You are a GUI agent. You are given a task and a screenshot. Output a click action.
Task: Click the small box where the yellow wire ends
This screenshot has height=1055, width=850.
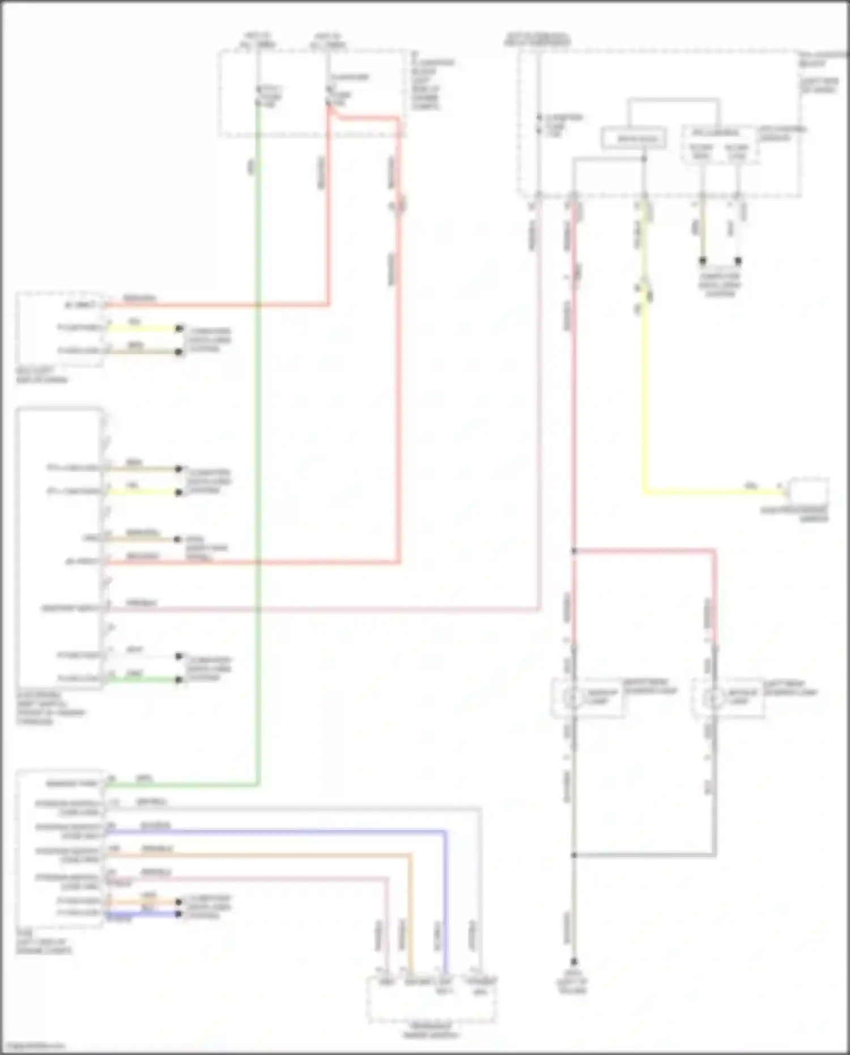pos(809,491)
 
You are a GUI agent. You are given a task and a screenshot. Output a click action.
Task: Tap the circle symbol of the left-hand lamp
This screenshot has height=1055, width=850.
pos(573,697)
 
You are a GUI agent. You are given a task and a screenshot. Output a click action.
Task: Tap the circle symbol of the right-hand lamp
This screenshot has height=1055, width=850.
pos(713,699)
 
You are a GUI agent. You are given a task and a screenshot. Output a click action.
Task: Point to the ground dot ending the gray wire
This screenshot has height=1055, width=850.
pos(573,962)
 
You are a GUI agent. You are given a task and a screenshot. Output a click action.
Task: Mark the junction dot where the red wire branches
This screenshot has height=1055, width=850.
pos(573,550)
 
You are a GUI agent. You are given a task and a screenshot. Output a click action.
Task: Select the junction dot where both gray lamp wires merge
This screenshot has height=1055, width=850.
pos(573,855)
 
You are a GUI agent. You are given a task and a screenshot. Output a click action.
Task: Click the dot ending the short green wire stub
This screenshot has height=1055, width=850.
pos(179,679)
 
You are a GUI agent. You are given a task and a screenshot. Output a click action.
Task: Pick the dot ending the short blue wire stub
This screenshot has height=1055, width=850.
pos(179,913)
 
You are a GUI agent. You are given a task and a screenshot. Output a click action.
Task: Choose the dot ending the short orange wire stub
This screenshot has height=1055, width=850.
pos(179,901)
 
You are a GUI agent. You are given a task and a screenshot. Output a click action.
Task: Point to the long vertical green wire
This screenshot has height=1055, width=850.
pos(258,454)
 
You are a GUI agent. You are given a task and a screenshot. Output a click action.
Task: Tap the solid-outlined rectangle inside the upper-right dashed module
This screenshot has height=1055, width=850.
pos(634,138)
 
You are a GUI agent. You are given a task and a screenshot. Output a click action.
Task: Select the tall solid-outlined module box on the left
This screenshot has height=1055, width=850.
pos(60,548)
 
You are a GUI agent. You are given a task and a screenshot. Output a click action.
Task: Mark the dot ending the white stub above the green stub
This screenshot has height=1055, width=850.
pos(179,656)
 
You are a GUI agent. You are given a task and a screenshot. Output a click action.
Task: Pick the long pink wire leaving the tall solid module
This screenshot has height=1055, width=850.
pos(340,610)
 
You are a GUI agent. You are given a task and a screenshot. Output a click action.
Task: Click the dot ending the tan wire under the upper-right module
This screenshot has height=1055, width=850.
pos(703,261)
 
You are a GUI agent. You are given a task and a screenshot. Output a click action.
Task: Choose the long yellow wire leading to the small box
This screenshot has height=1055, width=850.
pos(644,397)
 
